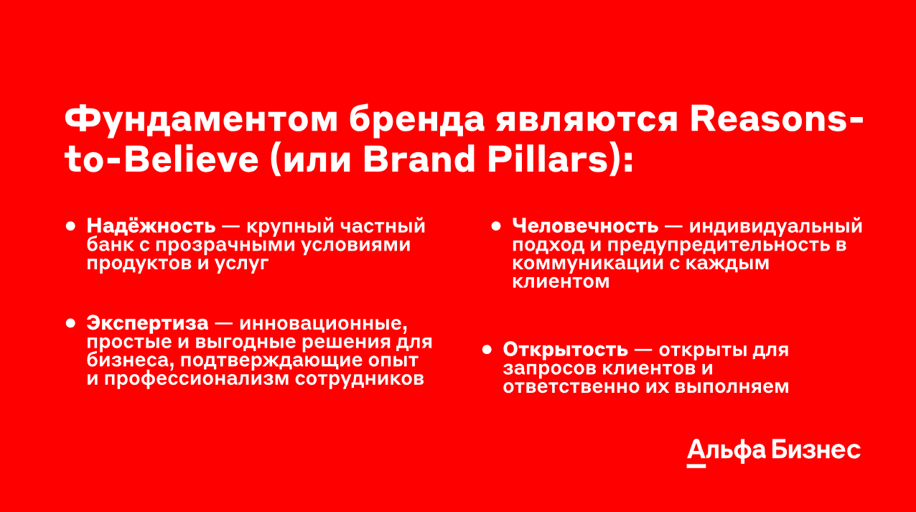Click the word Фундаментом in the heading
[x=201, y=120]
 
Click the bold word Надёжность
[x=151, y=225]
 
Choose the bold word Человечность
[x=585, y=225]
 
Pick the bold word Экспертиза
[x=148, y=323]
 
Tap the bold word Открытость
[x=565, y=350]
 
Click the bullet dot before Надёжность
[x=71, y=226]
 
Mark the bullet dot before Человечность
[x=496, y=226]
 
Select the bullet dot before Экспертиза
[x=71, y=323]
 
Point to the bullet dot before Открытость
[x=487, y=350]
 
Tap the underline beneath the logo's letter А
[x=696, y=466]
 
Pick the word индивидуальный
[x=776, y=227]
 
